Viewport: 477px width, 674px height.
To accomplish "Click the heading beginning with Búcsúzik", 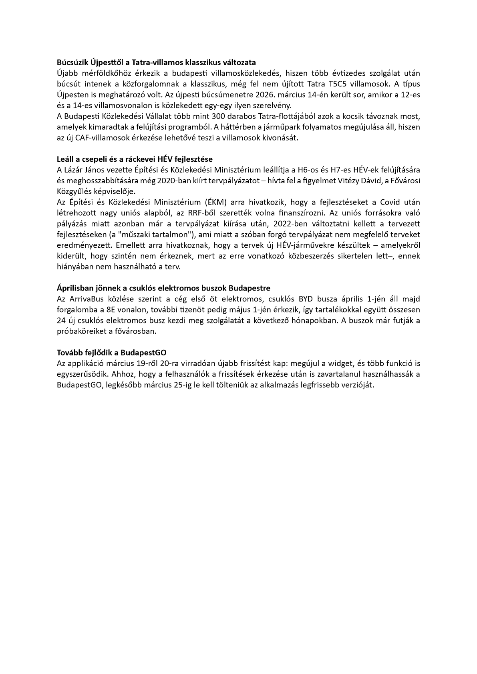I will pos(73,62).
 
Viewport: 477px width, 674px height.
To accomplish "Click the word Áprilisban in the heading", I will pos(74,288).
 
